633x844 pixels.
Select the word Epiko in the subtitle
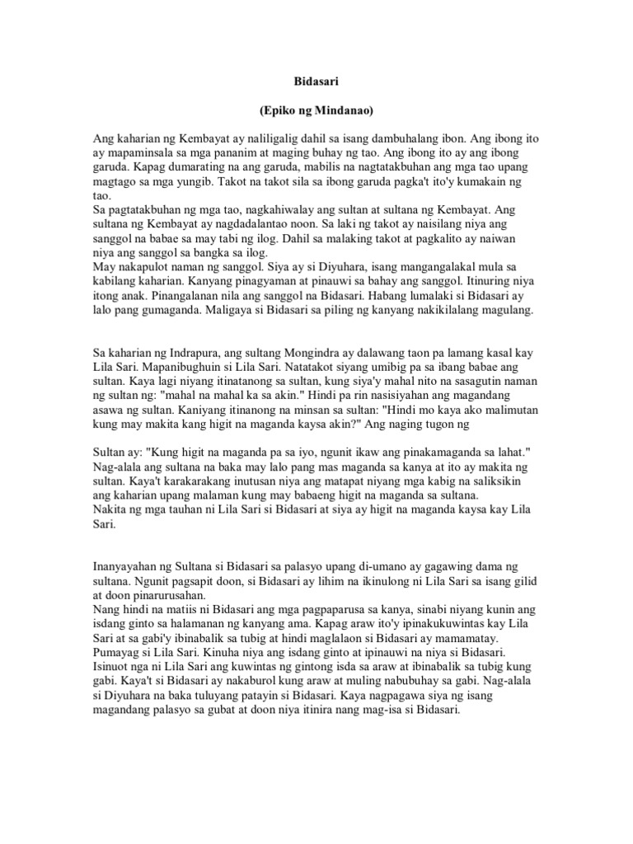pos(279,109)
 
